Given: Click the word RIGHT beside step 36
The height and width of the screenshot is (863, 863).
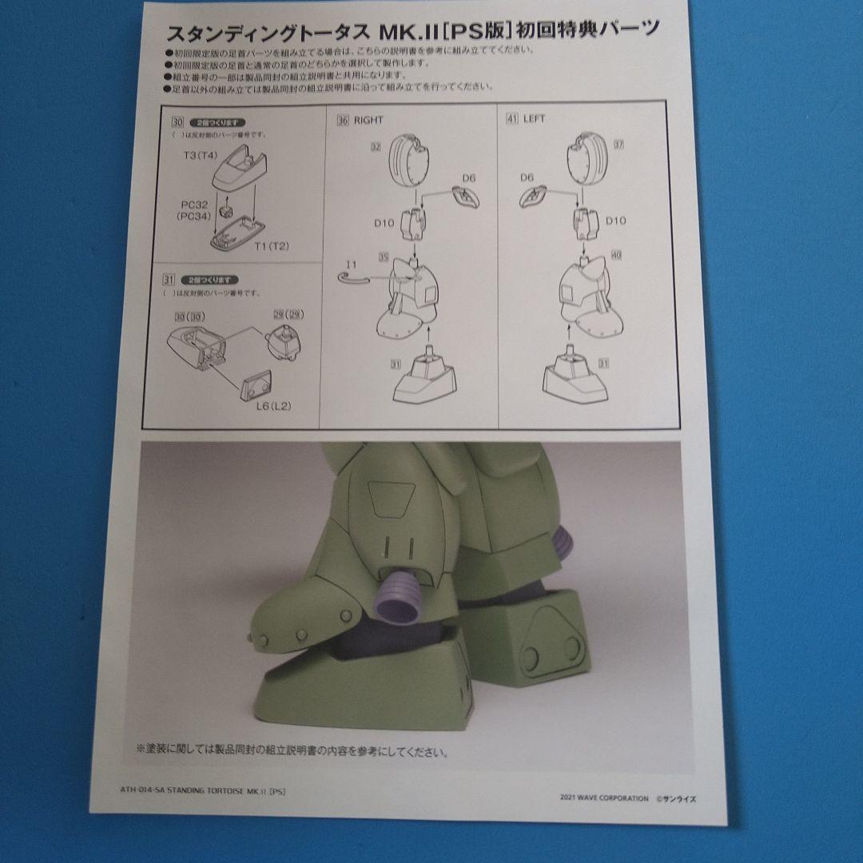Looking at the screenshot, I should click(x=368, y=120).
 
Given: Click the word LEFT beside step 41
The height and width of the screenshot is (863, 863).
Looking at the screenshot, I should click(x=534, y=119).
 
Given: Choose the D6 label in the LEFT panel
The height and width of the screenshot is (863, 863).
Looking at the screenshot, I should click(x=527, y=177).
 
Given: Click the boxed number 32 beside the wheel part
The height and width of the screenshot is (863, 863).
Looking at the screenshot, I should click(x=375, y=147).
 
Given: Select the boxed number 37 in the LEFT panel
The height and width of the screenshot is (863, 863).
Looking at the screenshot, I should click(x=618, y=145).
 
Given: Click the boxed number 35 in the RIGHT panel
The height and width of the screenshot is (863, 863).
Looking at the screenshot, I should click(x=384, y=257).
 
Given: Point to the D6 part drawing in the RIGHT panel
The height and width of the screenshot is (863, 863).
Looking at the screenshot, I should click(x=463, y=194).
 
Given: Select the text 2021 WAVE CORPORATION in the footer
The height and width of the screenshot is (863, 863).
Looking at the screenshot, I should click(x=604, y=797).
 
